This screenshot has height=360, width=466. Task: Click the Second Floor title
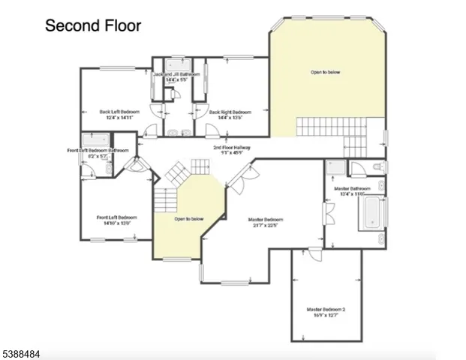(92, 25)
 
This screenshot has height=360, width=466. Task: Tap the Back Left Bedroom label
(119, 112)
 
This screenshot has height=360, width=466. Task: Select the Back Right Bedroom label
(230, 112)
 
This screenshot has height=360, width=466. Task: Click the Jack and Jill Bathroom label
(176, 75)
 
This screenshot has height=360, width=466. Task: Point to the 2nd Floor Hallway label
(231, 148)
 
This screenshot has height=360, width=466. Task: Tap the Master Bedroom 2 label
(326, 309)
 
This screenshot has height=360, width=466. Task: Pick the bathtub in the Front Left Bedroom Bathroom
(95, 139)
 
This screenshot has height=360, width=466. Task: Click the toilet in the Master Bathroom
(378, 166)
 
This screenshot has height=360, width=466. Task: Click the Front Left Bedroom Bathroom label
(98, 150)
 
